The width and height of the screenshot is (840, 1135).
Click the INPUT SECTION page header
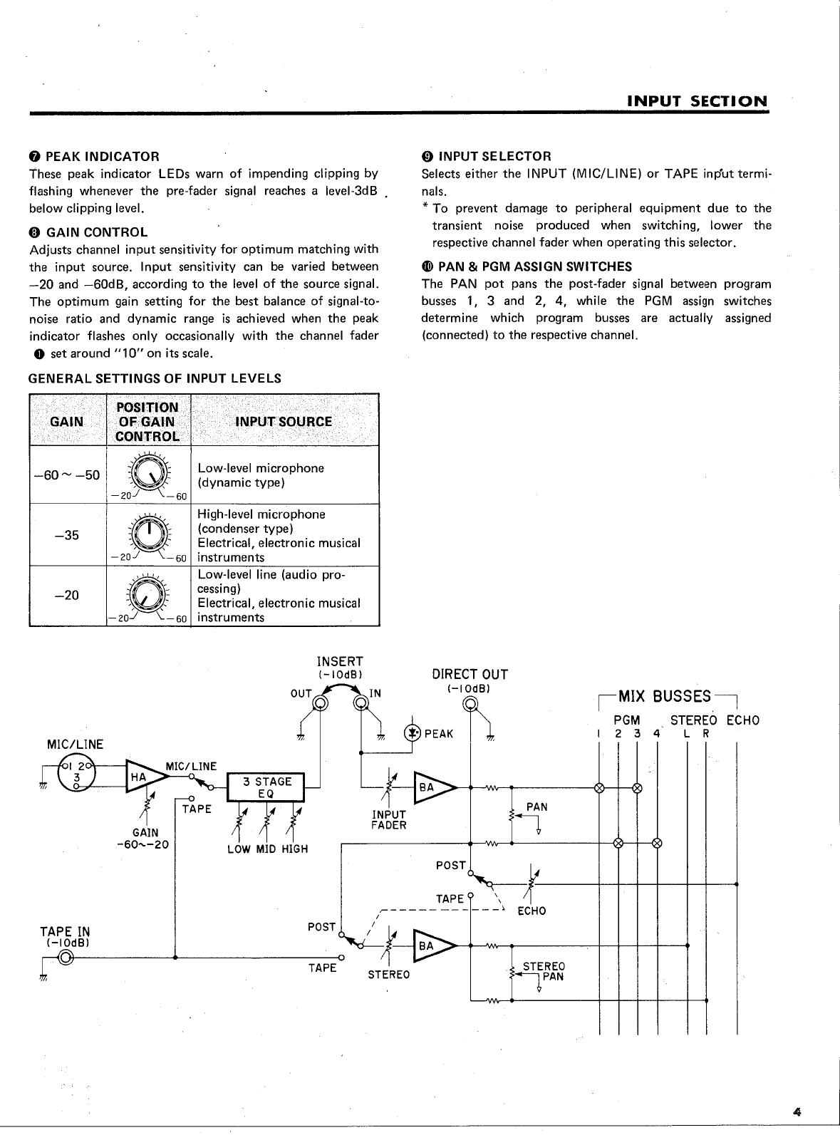(698, 101)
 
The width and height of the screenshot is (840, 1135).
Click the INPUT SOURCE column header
(283, 422)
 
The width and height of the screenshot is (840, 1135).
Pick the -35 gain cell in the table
(68, 536)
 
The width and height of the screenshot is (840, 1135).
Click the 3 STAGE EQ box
(265, 787)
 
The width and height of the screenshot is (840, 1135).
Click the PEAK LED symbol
(412, 733)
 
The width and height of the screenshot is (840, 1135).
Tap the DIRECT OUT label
(470, 675)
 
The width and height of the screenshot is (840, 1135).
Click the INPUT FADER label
(389, 819)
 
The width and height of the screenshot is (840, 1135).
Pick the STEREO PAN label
(543, 971)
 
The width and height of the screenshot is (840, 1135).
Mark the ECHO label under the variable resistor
(532, 911)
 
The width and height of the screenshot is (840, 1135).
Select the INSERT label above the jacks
(340, 662)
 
